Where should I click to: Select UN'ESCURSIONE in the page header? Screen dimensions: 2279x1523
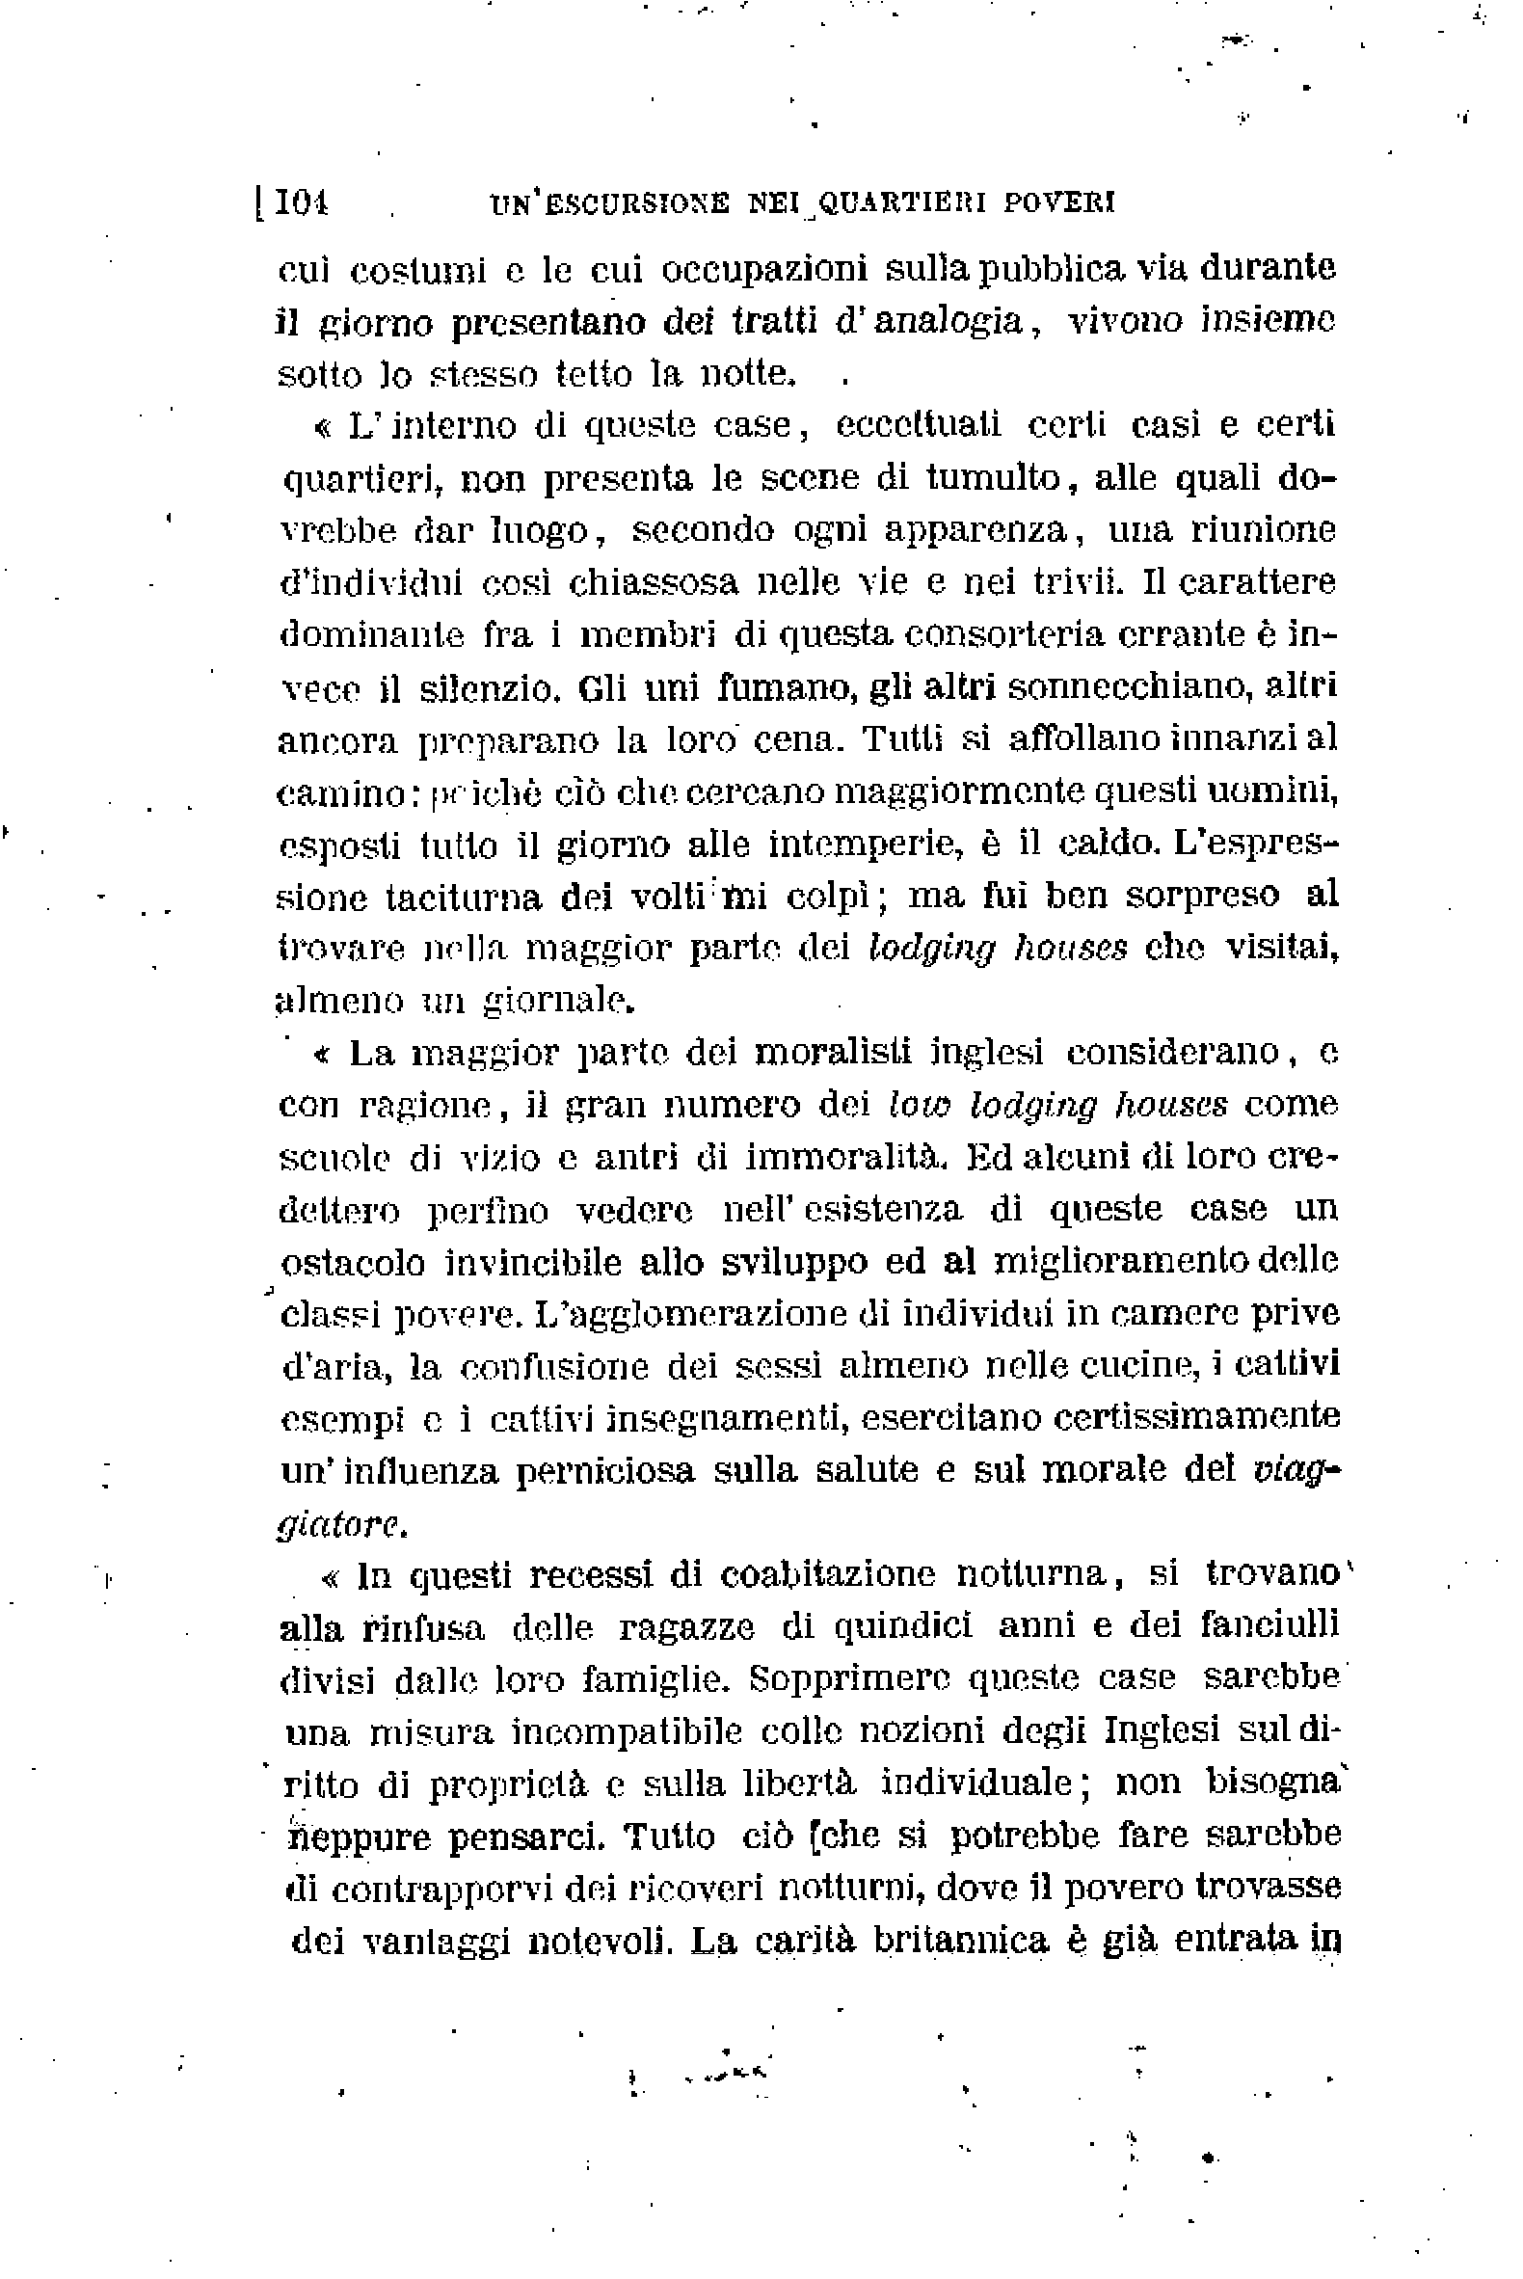[x=610, y=203]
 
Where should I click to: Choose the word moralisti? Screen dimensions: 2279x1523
[x=833, y=1053]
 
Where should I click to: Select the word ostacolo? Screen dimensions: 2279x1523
[x=354, y=1263]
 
